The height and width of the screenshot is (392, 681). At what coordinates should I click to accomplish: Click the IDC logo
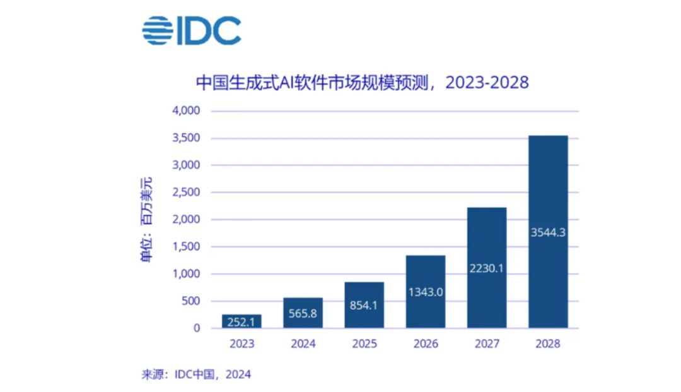(x=192, y=30)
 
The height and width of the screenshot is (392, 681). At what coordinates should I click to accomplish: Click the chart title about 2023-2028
(x=362, y=83)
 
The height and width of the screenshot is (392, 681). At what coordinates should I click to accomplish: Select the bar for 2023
(x=242, y=321)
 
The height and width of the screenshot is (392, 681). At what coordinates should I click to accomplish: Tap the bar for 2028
(x=548, y=232)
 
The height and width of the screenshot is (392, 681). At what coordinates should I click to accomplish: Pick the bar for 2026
(x=426, y=292)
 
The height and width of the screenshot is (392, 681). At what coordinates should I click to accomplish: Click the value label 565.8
(x=303, y=313)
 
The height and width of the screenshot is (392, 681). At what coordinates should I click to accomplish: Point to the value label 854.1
(x=364, y=305)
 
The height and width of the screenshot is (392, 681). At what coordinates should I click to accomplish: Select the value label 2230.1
(x=486, y=268)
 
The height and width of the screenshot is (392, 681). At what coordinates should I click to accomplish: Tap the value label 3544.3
(x=548, y=232)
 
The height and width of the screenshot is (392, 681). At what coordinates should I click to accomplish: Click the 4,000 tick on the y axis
(x=186, y=110)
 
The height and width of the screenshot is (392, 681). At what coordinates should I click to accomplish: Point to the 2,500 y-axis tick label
(x=186, y=192)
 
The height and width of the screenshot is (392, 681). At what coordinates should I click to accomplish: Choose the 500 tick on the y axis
(x=190, y=300)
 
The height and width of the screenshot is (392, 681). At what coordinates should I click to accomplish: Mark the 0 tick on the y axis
(x=197, y=328)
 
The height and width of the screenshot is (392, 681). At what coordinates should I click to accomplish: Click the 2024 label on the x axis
(x=303, y=344)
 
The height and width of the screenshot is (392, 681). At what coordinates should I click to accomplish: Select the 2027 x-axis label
(x=487, y=344)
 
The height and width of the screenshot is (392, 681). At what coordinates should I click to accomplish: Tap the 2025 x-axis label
(x=364, y=344)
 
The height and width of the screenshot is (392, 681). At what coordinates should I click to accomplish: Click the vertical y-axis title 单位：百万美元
(x=146, y=220)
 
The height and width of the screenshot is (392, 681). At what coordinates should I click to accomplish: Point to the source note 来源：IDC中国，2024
(x=196, y=374)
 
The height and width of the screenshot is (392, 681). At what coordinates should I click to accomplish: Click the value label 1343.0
(x=426, y=292)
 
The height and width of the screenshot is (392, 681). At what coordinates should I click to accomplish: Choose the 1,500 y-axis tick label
(x=186, y=246)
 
